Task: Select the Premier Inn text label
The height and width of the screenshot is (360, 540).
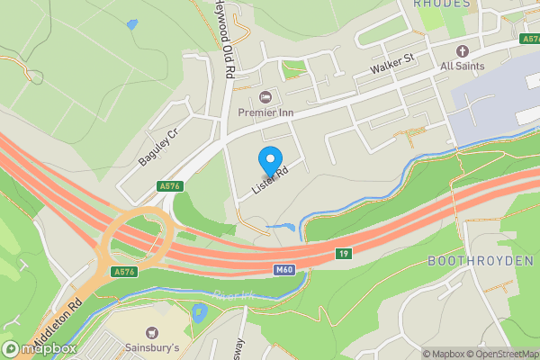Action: (265, 112)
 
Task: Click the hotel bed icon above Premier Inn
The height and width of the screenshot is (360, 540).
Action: (265, 97)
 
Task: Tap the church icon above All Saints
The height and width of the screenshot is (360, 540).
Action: (463, 50)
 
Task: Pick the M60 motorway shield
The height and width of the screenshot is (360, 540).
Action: (283, 268)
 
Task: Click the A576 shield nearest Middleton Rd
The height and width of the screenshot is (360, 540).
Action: (124, 271)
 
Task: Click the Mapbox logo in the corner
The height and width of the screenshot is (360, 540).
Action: (38, 349)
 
